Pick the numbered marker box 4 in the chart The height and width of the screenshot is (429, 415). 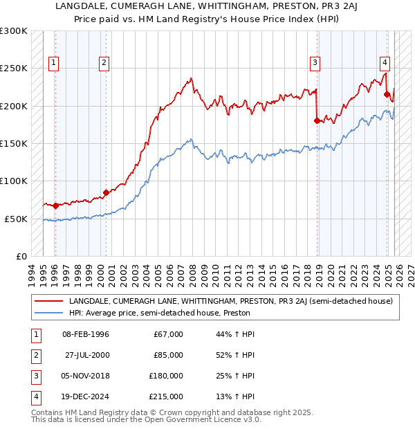click(x=385, y=61)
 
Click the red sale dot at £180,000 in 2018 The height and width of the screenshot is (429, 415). click(x=317, y=121)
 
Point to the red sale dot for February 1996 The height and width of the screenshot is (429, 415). click(x=55, y=206)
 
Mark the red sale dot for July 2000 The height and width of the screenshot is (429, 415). click(x=106, y=192)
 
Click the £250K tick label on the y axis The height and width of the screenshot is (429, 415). click(x=14, y=69)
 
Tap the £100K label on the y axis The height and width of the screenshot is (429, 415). click(x=14, y=181)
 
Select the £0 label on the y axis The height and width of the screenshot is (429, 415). click(x=20, y=256)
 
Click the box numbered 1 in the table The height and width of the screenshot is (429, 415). click(x=35, y=334)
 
